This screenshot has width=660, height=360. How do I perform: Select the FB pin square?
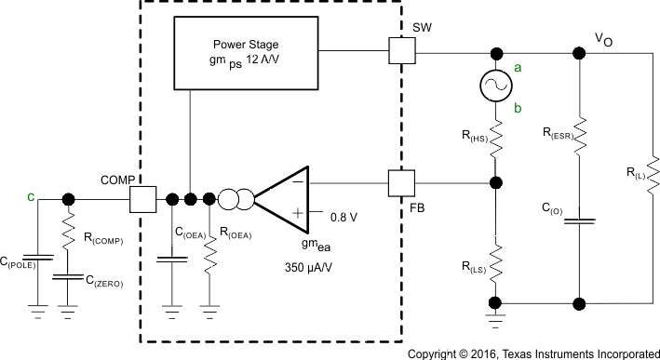click(401, 182)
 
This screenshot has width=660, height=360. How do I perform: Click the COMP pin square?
click(144, 198)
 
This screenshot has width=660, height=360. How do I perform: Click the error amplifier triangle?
click(283, 198)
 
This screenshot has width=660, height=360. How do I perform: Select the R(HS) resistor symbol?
click(493, 140)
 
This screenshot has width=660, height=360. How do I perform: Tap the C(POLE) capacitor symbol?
click(36, 255)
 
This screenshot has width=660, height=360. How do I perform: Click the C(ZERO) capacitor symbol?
click(68, 276)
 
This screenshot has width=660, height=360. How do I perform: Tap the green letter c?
click(32, 196)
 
